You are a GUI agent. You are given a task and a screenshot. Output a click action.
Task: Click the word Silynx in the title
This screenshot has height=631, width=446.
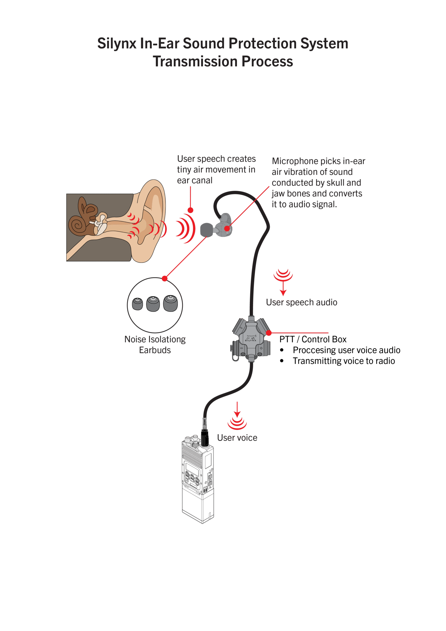coord(117,43)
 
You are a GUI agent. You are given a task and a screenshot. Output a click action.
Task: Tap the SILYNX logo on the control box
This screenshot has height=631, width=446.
coord(250,339)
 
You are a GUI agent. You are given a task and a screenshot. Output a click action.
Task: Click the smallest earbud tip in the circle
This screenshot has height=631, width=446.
coord(137,304)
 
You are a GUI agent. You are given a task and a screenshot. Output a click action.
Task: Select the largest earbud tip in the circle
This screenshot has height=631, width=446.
coord(171,303)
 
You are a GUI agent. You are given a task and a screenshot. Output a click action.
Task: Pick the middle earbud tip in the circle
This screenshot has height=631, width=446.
coord(153,303)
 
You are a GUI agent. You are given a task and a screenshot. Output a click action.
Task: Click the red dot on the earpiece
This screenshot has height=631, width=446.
coord(227,228)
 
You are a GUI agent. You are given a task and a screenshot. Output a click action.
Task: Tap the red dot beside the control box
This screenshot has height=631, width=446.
coord(269,333)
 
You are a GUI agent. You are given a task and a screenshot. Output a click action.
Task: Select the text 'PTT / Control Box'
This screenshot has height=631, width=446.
coord(313,339)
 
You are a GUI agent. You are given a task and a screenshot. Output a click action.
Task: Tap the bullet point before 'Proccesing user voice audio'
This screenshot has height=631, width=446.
coord(282,350)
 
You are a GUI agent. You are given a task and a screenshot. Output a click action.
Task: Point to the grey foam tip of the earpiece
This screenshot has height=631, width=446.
coord(206,230)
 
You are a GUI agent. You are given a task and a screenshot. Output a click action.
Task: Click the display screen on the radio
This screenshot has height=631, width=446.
coord(192,468)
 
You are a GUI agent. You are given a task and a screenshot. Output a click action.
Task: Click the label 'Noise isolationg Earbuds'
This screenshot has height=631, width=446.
coord(155,345)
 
